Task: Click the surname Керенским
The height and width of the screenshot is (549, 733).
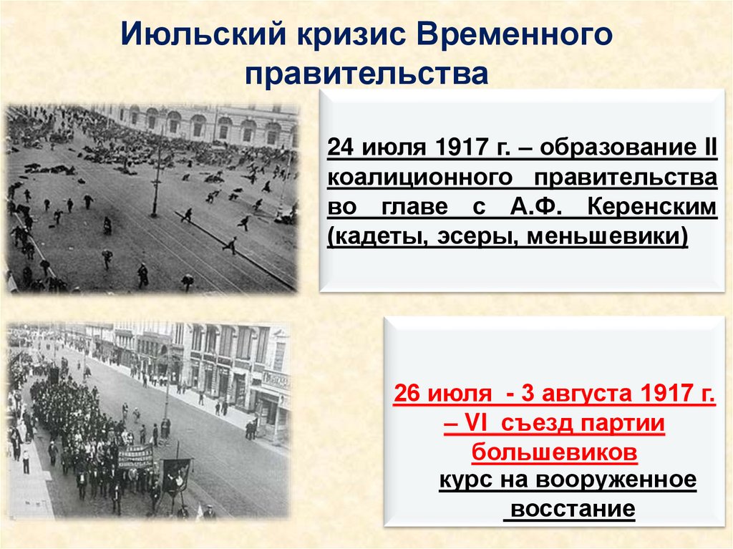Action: pos(651,208)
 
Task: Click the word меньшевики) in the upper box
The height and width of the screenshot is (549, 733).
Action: pos(608,235)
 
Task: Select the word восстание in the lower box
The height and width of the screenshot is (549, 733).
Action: pos(568,508)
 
